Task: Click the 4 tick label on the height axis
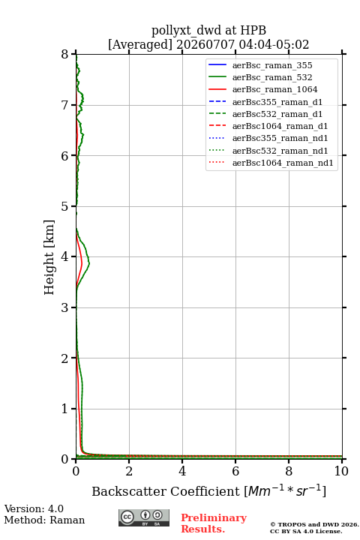[64, 257]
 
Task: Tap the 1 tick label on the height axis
[64, 409]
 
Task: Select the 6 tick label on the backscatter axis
[235, 471]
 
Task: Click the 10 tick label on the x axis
[341, 471]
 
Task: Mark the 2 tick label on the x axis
[129, 471]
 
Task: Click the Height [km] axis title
[49, 257]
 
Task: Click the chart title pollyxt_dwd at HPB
[208, 30]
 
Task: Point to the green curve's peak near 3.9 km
[89, 263]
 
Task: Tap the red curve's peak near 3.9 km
[82, 264]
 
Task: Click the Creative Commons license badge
[144, 517]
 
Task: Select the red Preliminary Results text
[214, 523]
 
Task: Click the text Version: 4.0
[34, 508]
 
